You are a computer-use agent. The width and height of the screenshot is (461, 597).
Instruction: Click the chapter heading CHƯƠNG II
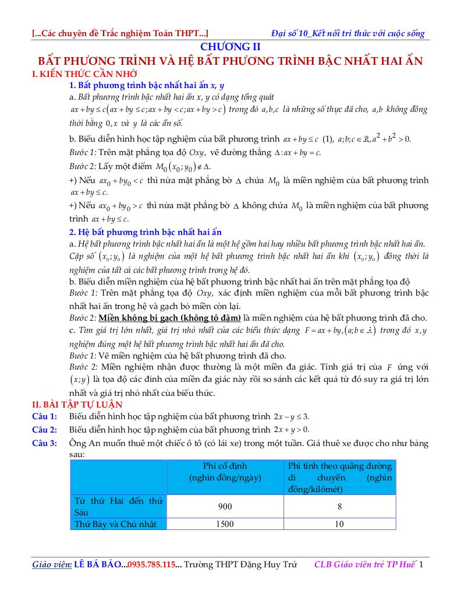[x=230, y=47]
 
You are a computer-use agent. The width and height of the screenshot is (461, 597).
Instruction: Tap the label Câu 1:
[x=45, y=416]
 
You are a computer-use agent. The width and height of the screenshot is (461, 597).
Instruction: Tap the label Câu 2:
[x=45, y=430]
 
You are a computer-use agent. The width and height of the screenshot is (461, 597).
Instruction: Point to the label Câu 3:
[x=45, y=444]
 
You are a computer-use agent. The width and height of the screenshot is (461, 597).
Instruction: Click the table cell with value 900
[x=225, y=506]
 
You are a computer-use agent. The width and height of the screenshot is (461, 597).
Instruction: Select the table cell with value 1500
[x=225, y=524]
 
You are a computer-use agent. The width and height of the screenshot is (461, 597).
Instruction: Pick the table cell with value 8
[x=339, y=506]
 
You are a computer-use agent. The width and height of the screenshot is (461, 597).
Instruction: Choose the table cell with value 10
[x=339, y=524]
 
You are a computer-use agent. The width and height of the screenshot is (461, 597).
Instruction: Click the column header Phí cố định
[x=225, y=466]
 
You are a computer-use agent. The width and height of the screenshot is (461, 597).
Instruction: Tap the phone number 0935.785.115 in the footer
[x=150, y=565]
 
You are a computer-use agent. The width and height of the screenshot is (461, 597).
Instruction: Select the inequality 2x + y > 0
[x=291, y=430]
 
